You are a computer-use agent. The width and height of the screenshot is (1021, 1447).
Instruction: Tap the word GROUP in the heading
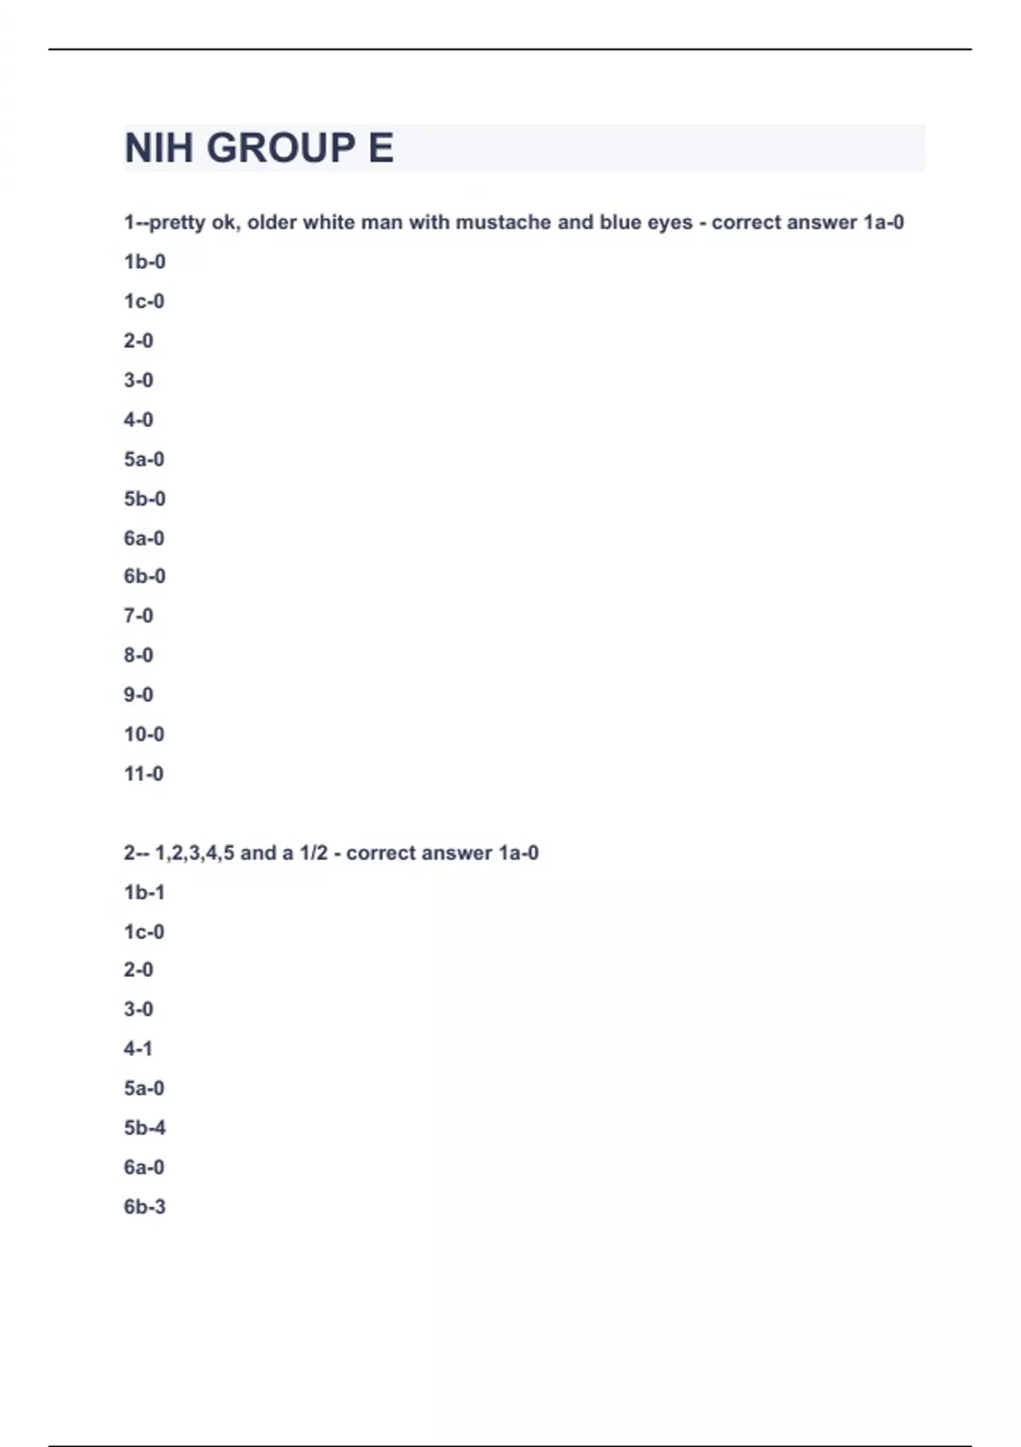pyautogui.click(x=282, y=148)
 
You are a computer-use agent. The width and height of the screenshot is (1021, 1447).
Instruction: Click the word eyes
pyautogui.click(x=670, y=223)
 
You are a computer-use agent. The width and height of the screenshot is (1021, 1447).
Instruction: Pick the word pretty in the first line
pyautogui.click(x=177, y=223)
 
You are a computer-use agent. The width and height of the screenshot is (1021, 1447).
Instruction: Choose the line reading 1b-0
pyautogui.click(x=145, y=262)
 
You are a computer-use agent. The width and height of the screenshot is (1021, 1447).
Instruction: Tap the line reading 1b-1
pyautogui.click(x=145, y=893)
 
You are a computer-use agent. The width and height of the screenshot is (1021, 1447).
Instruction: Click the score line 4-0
pyautogui.click(x=139, y=420)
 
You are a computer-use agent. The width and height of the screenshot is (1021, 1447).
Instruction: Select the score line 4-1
pyautogui.click(x=139, y=1049)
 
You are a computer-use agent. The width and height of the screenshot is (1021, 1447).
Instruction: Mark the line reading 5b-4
pyautogui.click(x=145, y=1128)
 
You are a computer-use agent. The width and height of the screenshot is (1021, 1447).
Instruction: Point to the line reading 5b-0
pyautogui.click(x=145, y=499)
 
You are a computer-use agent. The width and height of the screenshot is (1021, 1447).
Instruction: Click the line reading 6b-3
pyautogui.click(x=145, y=1207)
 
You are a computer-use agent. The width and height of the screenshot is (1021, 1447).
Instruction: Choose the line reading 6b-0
pyautogui.click(x=145, y=576)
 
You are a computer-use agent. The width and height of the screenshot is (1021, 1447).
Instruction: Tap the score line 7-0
pyautogui.click(x=139, y=615)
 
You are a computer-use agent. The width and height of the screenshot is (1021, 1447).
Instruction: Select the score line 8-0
pyautogui.click(x=139, y=655)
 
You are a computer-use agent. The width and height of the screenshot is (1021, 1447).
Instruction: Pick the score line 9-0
pyautogui.click(x=139, y=695)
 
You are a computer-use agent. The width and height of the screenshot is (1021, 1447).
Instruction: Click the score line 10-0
pyautogui.click(x=144, y=734)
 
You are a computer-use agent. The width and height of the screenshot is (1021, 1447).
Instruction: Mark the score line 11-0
pyautogui.click(x=144, y=774)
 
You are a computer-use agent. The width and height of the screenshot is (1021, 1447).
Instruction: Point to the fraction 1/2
pyautogui.click(x=313, y=853)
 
